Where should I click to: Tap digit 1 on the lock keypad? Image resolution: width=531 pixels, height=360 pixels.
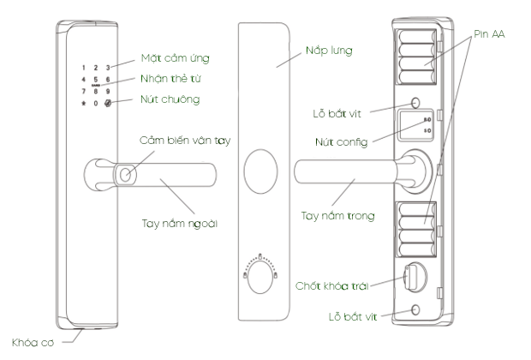(x=83, y=67)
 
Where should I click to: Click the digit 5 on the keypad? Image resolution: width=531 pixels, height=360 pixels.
(x=96, y=80)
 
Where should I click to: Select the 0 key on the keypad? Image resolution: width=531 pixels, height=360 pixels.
(x=96, y=104)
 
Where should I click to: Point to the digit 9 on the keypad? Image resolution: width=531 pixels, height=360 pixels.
(x=108, y=91)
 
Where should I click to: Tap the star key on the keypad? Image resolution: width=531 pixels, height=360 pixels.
(x=83, y=104)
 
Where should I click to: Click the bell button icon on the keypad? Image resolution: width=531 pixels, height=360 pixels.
(x=108, y=104)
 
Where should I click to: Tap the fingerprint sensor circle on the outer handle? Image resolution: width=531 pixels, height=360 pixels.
(x=125, y=174)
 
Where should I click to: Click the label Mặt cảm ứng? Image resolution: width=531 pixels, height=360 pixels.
(x=175, y=59)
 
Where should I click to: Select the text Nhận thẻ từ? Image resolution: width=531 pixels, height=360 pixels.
(x=175, y=79)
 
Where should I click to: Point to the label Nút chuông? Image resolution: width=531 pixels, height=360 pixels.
(x=170, y=99)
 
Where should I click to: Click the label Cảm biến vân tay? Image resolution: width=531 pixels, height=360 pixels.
(x=188, y=139)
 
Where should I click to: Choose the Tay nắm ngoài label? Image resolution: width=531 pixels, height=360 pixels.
(x=179, y=223)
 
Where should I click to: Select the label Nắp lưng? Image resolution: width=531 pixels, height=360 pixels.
(x=329, y=51)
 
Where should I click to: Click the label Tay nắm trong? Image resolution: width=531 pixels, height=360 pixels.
(x=343, y=216)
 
